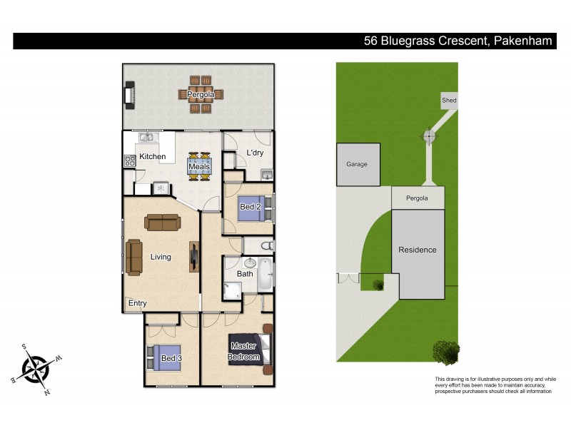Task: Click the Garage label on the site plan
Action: coord(357,164)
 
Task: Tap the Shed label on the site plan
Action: coord(449,101)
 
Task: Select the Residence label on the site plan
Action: coord(418,250)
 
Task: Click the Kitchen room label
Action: coord(153,156)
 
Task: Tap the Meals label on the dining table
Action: coord(199,166)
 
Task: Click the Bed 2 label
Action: coord(249,207)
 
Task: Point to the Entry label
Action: coord(137,303)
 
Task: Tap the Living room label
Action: coord(161,257)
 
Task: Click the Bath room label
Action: coord(245,273)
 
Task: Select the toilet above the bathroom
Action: coord(266,245)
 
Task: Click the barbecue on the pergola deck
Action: coord(130,95)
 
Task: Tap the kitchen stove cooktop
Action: coord(131,161)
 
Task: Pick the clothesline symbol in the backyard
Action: coord(429,135)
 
